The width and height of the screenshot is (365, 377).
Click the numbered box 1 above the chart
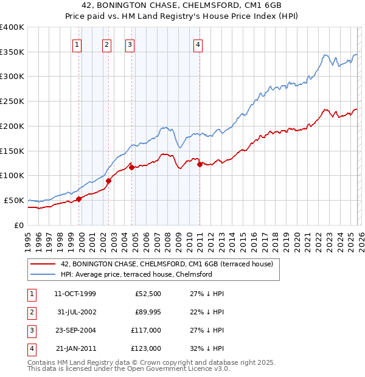77,44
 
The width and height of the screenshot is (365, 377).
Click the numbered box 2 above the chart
106,44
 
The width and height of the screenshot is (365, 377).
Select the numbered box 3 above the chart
130,44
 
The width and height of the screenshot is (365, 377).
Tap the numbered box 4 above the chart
198,44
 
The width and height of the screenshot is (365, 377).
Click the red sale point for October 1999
78,198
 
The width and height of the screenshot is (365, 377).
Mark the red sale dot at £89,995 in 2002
109,180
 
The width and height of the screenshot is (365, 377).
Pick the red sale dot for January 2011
200,164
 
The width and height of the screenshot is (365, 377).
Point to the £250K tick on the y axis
12,101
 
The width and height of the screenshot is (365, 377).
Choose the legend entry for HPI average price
136,274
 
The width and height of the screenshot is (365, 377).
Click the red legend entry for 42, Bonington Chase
167,265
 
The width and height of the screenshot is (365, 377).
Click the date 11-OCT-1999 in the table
75,294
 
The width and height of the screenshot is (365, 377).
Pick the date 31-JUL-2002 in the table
75,312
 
